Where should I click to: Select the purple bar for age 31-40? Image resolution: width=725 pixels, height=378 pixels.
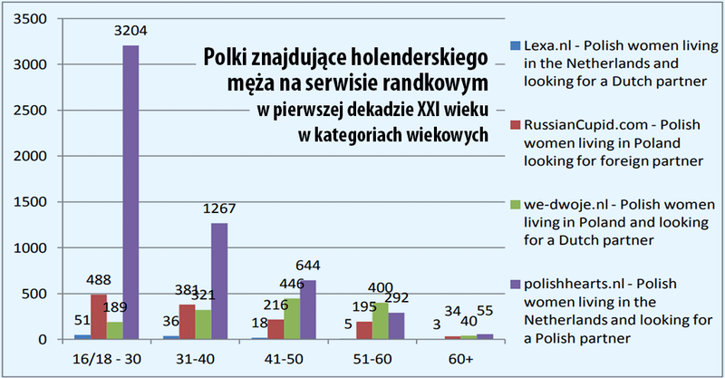[x=218, y=281]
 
